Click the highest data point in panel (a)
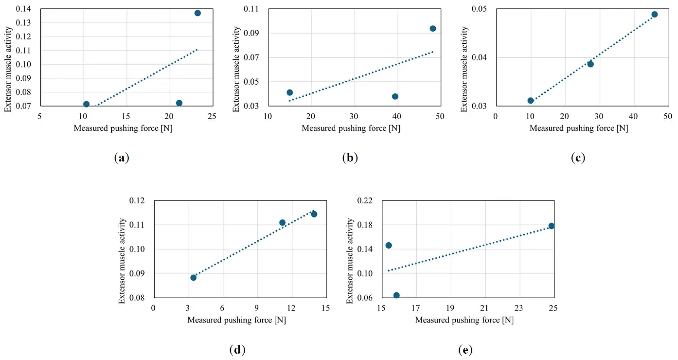pos(197,13)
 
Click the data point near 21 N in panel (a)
pos(179,103)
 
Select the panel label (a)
pos(121,158)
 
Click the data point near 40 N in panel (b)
pos(395,96)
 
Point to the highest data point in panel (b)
pos(433,29)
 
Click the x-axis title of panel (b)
pos(351,128)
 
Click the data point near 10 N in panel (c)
pos(531,101)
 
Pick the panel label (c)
pos(578,158)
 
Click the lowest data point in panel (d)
pos(194,278)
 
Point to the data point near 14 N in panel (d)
pos(314,214)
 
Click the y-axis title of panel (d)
pos(123,261)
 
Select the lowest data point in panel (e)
pos(396,295)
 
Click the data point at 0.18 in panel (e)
pos(552,226)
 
